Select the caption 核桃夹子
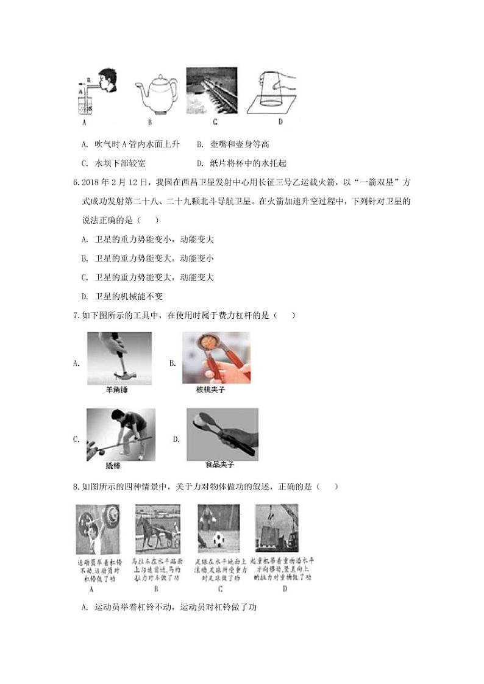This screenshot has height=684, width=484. click(210, 389)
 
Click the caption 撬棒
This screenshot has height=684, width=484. click(113, 465)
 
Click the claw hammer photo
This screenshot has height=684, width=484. click(119, 358)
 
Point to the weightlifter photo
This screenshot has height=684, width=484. click(98, 529)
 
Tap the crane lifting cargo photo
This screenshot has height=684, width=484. click(277, 529)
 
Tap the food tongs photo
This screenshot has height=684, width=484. click(222, 433)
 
